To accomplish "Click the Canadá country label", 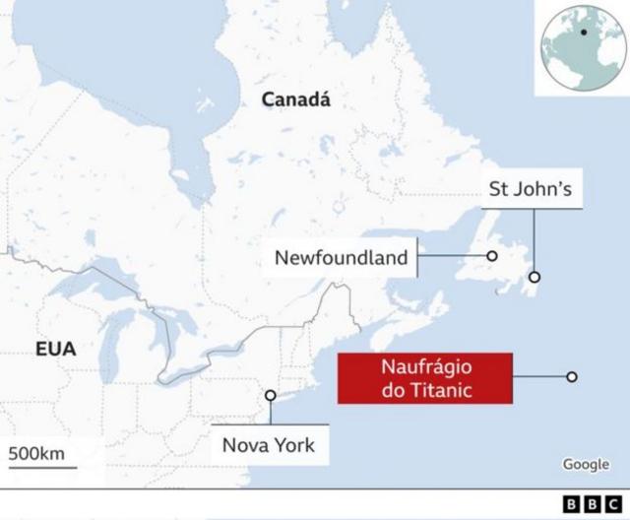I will (295, 99).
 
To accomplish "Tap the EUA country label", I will (55, 349).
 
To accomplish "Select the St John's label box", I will (530, 188).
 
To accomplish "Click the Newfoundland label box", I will (341, 258).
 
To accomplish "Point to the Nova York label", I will (268, 445).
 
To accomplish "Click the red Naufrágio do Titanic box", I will (425, 379).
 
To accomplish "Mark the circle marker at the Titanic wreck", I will (572, 376).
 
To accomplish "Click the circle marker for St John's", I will (535, 278).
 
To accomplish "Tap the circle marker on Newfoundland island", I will (492, 257).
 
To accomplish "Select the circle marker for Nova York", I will (270, 395).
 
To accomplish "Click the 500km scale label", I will (36, 454).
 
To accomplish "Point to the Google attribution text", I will (586, 465).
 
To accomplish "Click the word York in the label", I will (293, 445).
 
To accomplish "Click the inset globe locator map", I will (581, 47).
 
